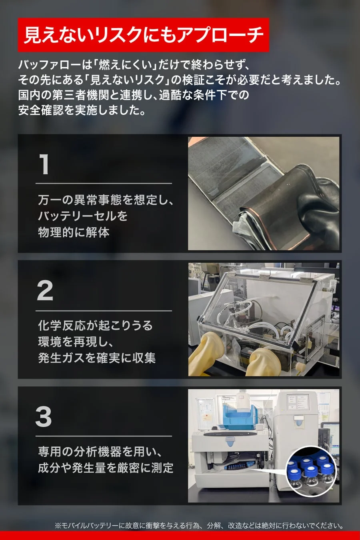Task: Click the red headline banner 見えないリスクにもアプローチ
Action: pyautogui.click(x=143, y=35)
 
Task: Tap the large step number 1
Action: pyautogui.click(x=44, y=164)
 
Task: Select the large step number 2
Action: pyautogui.click(x=45, y=291)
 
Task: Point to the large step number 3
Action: pyautogui.click(x=44, y=417)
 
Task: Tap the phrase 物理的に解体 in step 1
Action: pyautogui.click(x=74, y=232)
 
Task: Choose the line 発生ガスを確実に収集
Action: pyautogui.click(x=96, y=358)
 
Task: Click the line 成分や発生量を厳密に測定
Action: pyautogui.click(x=106, y=468)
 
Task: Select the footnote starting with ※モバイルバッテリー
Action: pyautogui.click(x=199, y=526)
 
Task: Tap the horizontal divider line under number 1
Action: pyautogui.click(x=104, y=183)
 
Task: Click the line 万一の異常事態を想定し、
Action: pyautogui.click(x=106, y=200)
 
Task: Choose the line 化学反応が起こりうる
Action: pyautogui.click(x=95, y=325)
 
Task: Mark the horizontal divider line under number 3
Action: pyautogui.click(x=104, y=436)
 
